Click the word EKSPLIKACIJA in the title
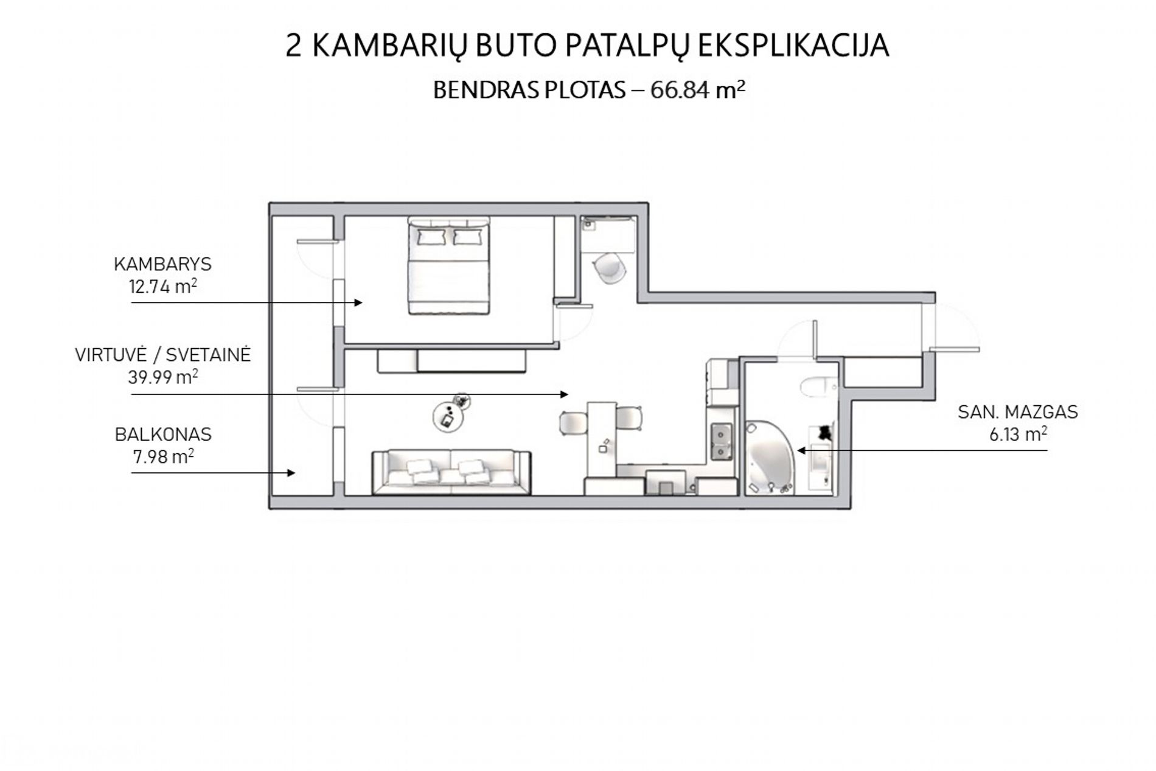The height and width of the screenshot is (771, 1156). pos(792,46)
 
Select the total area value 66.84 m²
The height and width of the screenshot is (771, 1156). pos(698,89)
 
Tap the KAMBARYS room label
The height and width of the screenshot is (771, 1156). pos(162,264)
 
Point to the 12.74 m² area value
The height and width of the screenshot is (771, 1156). pos(162,285)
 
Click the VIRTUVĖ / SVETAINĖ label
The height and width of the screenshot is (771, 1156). pos(162,355)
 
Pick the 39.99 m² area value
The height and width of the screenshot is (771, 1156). pos(162,377)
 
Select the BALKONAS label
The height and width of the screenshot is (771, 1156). pos(163,434)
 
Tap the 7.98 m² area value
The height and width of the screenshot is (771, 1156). pos(163,456)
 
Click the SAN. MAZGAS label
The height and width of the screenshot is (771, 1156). pos(1017,412)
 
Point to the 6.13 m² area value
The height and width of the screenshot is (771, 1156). pos(1018,434)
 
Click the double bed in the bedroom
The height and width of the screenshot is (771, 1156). pos(449,266)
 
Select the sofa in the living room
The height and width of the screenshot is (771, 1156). pos(451,472)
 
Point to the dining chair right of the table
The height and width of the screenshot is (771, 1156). pos(630,419)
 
